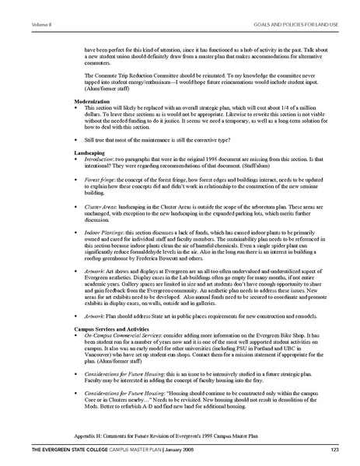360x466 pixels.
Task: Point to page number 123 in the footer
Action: coord(335,451)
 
